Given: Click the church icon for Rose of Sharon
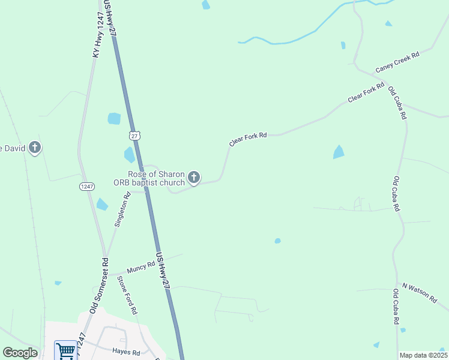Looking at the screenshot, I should coord(193,177).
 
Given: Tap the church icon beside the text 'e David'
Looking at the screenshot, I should coord(35,146).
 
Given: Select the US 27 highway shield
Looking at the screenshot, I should coord(135,136).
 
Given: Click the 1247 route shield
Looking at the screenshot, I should coord(86,187).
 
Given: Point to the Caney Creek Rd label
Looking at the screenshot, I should coord(397,62).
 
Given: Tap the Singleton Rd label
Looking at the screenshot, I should coord(122,209).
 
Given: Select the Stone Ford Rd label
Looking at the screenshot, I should coord(127,295).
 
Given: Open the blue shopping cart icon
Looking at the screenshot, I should coord(65,350).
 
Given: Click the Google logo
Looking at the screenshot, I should coord(20,353).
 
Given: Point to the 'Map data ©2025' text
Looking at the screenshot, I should coord(423,355).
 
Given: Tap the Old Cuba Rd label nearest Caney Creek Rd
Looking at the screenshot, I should coord(397,102).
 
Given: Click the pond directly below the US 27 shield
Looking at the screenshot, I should coord(129,155).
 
